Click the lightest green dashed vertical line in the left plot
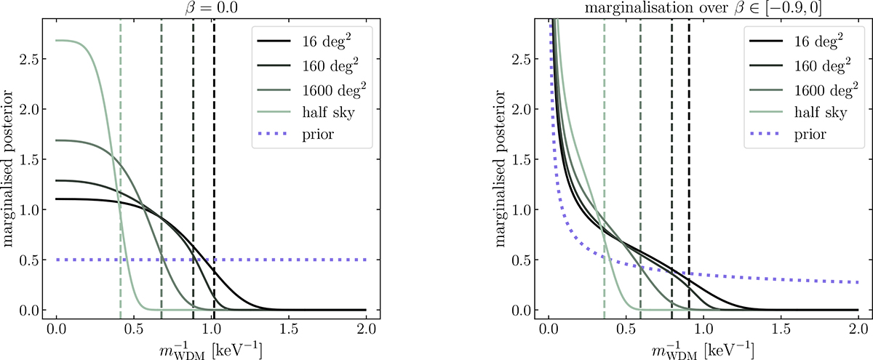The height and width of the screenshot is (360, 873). click(120, 182)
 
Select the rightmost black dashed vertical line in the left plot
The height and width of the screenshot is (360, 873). click(214, 145)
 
